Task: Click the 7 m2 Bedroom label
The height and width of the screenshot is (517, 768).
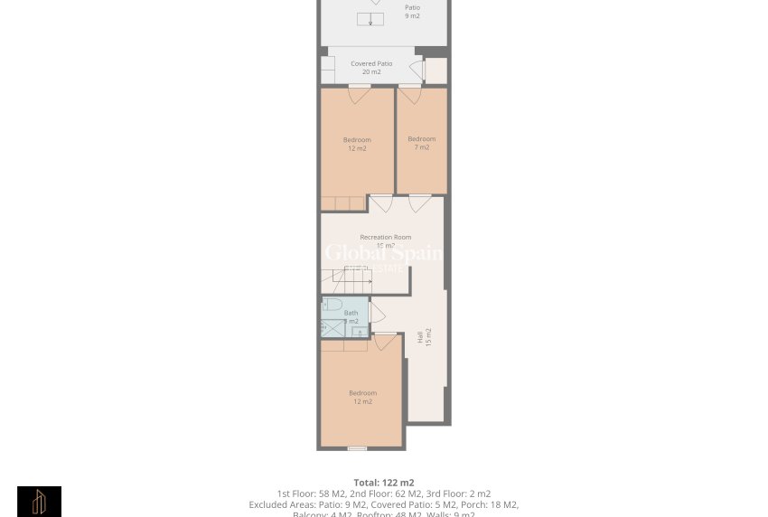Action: coord(422,143)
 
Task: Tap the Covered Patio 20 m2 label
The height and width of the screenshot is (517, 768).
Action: coord(371,68)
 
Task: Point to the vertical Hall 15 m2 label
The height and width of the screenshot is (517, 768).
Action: coord(424,336)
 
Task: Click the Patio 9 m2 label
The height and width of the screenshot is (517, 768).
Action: coord(412,11)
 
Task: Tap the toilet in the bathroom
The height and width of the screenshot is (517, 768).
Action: coord(332,305)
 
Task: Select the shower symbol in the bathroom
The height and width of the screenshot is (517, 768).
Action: coord(332,327)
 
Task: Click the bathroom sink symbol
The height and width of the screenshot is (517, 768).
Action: coord(359,332)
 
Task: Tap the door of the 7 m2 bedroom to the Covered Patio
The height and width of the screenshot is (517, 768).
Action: coord(410,93)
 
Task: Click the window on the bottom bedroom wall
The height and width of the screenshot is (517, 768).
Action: coord(357,448)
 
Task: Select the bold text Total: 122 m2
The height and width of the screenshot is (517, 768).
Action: coord(384,483)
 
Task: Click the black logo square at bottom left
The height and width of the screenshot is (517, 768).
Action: coord(39,502)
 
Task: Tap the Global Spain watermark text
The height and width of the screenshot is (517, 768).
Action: coord(384,253)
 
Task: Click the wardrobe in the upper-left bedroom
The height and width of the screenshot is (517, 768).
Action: coord(343,203)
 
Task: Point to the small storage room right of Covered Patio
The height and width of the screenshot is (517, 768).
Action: coord(436,70)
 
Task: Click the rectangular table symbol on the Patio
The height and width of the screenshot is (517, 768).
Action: coord(370,19)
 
